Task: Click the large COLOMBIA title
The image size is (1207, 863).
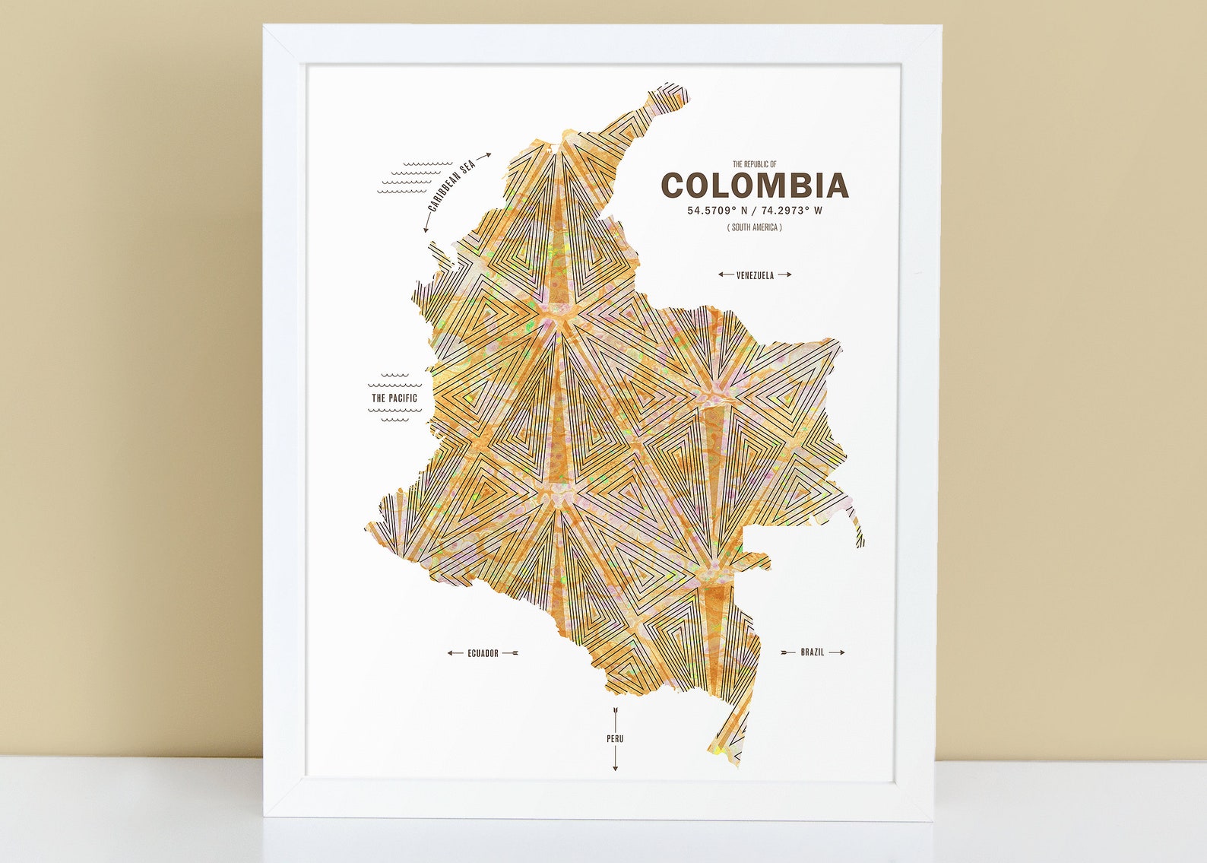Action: [x=754, y=186]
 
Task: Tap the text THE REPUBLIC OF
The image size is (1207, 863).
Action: [x=754, y=164]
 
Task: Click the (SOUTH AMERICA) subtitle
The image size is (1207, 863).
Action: [x=754, y=227]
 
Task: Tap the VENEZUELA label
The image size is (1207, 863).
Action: [x=755, y=275]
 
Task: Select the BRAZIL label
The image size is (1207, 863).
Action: [x=812, y=652]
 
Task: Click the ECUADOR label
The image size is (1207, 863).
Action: [x=483, y=653]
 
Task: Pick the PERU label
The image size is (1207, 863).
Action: [x=615, y=738]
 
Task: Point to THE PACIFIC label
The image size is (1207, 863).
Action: [x=394, y=398]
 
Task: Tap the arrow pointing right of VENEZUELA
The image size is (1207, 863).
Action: [x=784, y=274]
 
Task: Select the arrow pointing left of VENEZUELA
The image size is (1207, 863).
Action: [x=725, y=274]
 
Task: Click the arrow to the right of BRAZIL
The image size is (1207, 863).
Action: [x=837, y=652]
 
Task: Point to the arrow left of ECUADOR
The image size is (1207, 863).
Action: [x=455, y=653]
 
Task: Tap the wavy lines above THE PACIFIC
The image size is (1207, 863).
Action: [x=394, y=376]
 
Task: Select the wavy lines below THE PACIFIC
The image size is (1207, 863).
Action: [x=394, y=414]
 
